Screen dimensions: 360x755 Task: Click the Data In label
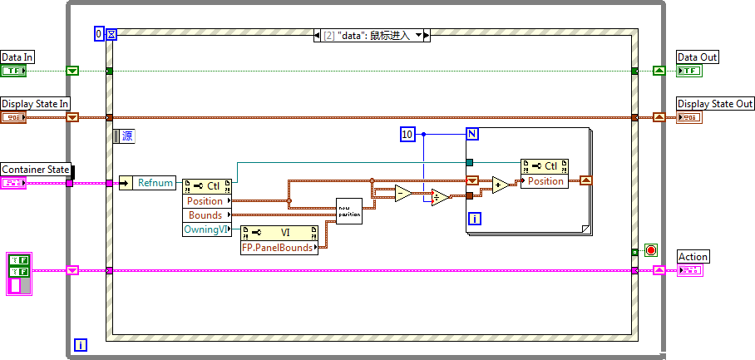click(x=17, y=57)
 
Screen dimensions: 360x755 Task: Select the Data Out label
click(x=698, y=57)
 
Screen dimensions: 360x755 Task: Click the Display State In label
click(x=35, y=104)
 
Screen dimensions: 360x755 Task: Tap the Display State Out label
click(x=715, y=104)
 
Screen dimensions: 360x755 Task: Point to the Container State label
click(x=36, y=170)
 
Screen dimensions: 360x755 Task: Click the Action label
click(x=693, y=257)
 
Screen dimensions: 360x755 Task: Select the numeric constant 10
click(x=407, y=134)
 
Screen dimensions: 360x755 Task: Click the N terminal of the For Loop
click(x=471, y=134)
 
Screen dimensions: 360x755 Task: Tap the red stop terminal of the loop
click(x=650, y=249)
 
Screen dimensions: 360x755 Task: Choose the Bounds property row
click(x=205, y=215)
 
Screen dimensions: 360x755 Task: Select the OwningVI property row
click(x=205, y=229)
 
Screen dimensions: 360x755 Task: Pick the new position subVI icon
click(x=348, y=210)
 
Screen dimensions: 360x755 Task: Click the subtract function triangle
click(x=402, y=194)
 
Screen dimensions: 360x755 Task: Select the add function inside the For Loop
click(x=501, y=185)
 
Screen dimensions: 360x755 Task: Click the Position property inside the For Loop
click(x=545, y=181)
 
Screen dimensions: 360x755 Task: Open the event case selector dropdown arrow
click(x=417, y=36)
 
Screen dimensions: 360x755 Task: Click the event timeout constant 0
click(x=99, y=34)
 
